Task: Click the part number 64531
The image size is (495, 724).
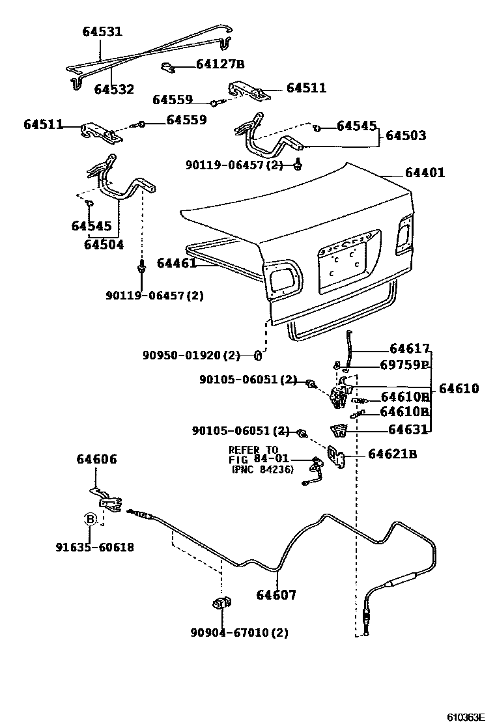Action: pos(102,31)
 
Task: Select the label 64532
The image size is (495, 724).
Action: pos(114,89)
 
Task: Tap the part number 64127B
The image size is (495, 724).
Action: pos(220,64)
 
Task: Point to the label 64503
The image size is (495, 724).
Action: pos(406,135)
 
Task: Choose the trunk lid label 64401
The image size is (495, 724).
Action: pos(425,173)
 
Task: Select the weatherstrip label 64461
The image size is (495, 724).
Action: pos(177,263)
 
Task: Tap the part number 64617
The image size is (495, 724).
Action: pos(410,348)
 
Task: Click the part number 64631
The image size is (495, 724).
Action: pos(408,429)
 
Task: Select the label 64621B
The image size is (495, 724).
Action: pos(392,454)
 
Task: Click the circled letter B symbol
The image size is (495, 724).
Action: pos(91,519)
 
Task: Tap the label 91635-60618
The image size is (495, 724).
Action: pos(94,548)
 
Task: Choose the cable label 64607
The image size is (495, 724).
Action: pos(276,594)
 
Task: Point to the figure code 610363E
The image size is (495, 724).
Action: pos(466,716)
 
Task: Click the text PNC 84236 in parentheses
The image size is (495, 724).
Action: pos(262,469)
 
